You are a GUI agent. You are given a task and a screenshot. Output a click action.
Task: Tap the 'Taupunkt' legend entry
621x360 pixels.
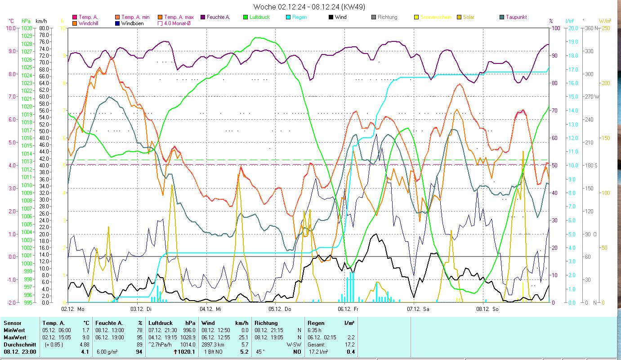coord(516,17)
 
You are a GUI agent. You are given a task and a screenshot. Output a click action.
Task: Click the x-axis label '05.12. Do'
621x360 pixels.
coord(280,309)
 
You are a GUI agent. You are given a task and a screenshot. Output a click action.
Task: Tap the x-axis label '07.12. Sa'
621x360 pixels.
coord(418,309)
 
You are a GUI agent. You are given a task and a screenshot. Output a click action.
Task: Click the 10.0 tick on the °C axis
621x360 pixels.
coord(10,28)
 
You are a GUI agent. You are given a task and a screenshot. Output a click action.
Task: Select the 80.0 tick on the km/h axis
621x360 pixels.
coord(44,28)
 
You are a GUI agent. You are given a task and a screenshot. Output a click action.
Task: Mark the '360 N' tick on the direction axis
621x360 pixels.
coord(592,28)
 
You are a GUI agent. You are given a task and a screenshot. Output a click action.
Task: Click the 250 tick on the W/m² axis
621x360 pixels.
coord(605,28)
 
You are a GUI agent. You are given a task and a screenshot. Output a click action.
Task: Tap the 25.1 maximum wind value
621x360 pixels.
coord(243,337)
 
